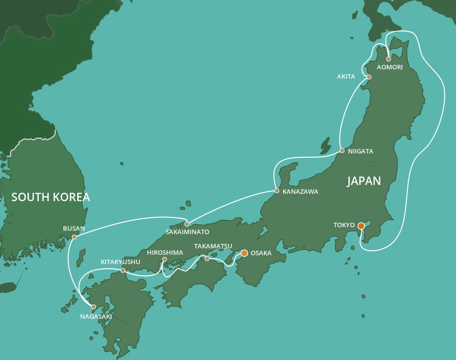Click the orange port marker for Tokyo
click(x=361, y=226)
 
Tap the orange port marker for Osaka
click(x=244, y=253)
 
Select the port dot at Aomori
click(x=389, y=59)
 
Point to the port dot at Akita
click(x=369, y=77)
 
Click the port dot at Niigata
click(x=342, y=150)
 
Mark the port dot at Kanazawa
click(x=277, y=191)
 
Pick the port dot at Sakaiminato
click(x=187, y=224)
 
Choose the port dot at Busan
click(x=74, y=237)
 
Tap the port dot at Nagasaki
click(x=93, y=307)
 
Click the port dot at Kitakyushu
click(x=123, y=270)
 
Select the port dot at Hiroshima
click(x=165, y=259)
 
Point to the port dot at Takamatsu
click(x=207, y=259)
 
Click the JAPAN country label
click(x=364, y=181)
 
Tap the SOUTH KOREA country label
click(x=51, y=198)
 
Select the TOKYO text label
click(x=344, y=225)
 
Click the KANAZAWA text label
click(x=300, y=192)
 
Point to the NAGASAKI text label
click(x=96, y=317)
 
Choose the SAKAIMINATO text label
click(x=187, y=232)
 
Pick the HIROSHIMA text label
click(x=165, y=253)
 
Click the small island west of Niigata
click(x=325, y=146)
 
